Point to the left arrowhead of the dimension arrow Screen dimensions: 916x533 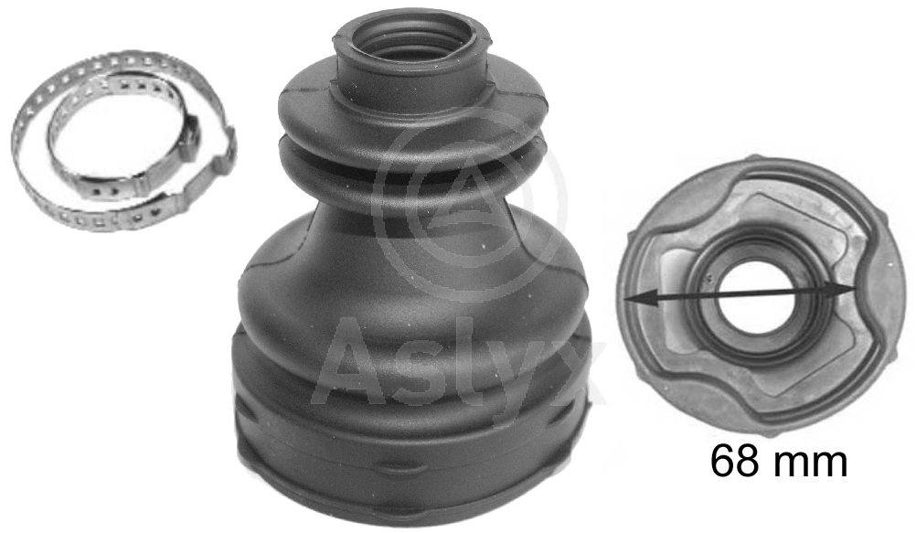634,299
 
